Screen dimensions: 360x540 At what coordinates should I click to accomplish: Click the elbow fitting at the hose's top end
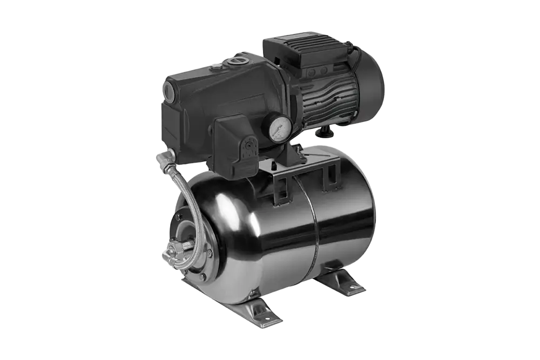point(164,158)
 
